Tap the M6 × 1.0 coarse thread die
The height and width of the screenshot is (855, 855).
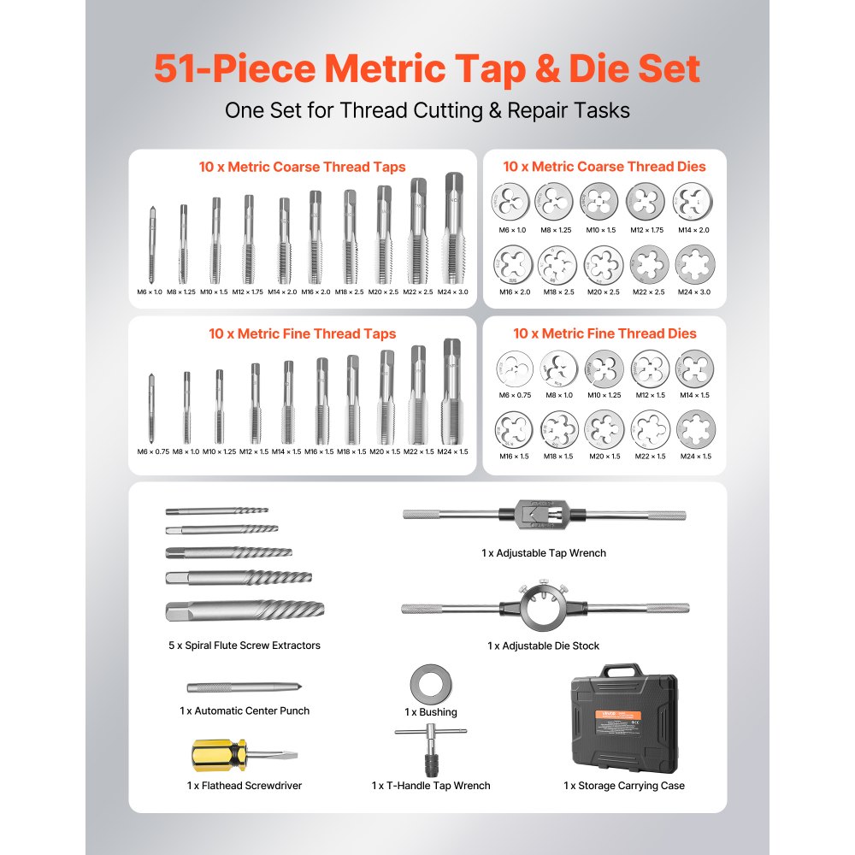511,202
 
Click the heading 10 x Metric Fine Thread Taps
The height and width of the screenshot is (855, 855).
303,333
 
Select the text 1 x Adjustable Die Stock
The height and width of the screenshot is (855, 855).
544,646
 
